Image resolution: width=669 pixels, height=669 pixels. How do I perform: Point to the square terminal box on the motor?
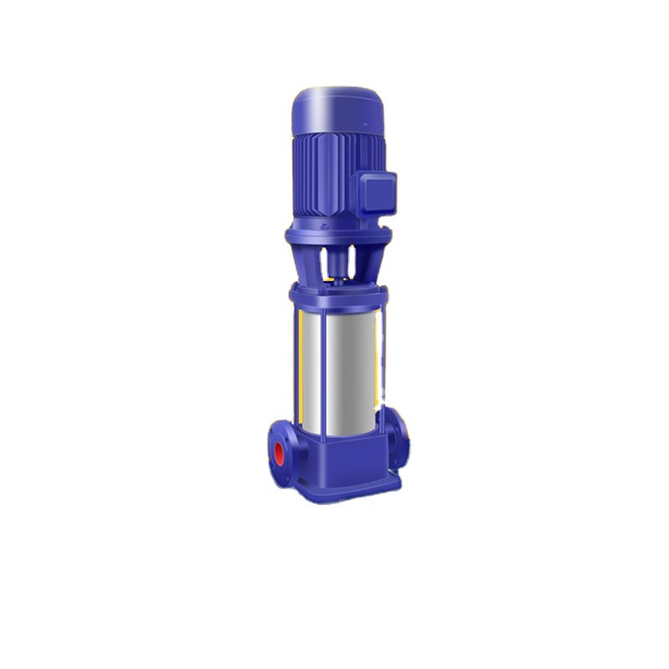coord(377,192)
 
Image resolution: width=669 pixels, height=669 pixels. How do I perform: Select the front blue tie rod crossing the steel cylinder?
coord(324,368)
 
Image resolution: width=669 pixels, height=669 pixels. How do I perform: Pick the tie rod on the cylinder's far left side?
coord(299,368)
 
